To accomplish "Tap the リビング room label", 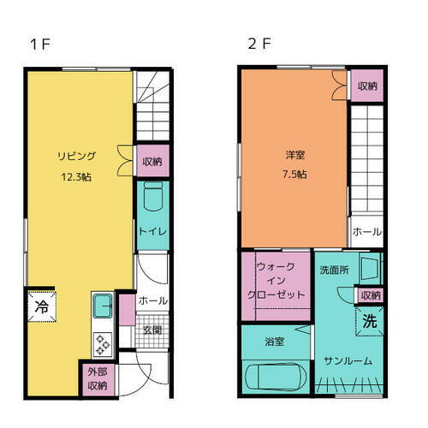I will (x=76, y=156).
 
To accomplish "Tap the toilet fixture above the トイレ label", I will (x=152, y=198).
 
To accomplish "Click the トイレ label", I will (x=152, y=231).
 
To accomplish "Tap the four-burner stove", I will (x=104, y=343).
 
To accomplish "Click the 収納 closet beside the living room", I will (x=152, y=160).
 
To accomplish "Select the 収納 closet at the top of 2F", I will (x=367, y=86).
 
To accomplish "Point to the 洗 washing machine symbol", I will (x=369, y=323).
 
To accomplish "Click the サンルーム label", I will (x=348, y=360).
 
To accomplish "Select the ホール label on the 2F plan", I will (x=367, y=231).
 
